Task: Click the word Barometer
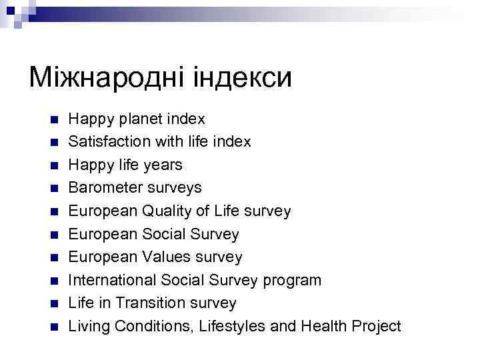click(x=103, y=188)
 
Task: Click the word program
click(x=292, y=280)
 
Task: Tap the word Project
click(x=376, y=326)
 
